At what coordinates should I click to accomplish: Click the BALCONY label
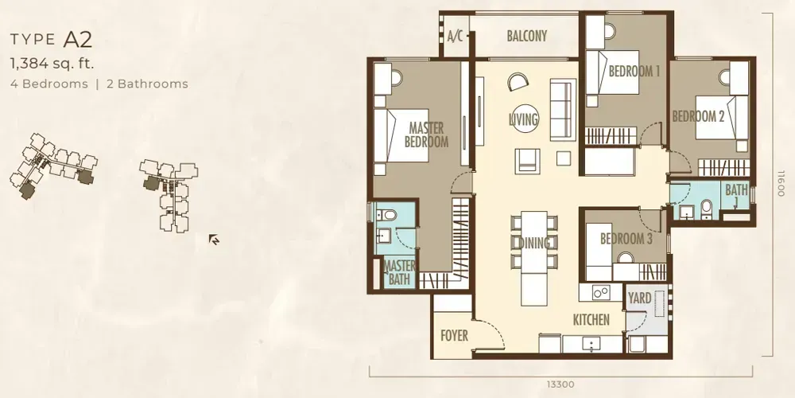click(x=526, y=36)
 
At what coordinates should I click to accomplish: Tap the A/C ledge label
click(x=456, y=36)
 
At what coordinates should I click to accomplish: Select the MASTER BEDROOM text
click(x=426, y=135)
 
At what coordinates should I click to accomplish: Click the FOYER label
click(x=454, y=336)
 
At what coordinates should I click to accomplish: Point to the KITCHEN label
click(x=591, y=320)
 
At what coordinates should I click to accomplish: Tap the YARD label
click(x=640, y=298)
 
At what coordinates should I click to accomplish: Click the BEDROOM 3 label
click(x=626, y=239)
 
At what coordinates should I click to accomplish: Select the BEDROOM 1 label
click(x=634, y=72)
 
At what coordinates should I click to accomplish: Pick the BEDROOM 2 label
click(x=698, y=116)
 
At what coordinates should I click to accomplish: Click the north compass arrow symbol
click(x=214, y=238)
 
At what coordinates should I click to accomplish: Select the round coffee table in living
click(x=524, y=118)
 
